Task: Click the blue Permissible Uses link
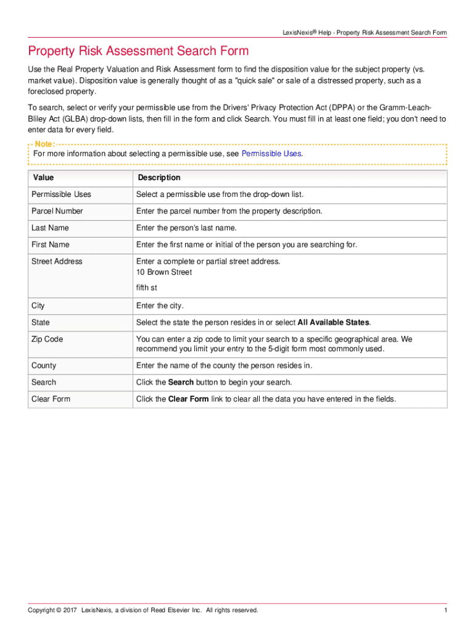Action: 271,154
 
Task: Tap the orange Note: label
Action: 44,144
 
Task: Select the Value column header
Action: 43,178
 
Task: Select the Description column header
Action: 159,178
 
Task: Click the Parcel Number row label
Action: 57,211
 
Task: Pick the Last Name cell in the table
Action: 50,228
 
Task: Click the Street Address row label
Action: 57,261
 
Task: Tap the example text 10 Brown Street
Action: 164,272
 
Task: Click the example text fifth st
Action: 147,288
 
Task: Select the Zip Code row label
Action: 47,339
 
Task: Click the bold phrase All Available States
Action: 333,322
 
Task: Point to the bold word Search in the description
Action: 181,382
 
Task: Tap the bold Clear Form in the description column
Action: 188,399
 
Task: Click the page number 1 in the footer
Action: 444,610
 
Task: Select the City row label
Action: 38,306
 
